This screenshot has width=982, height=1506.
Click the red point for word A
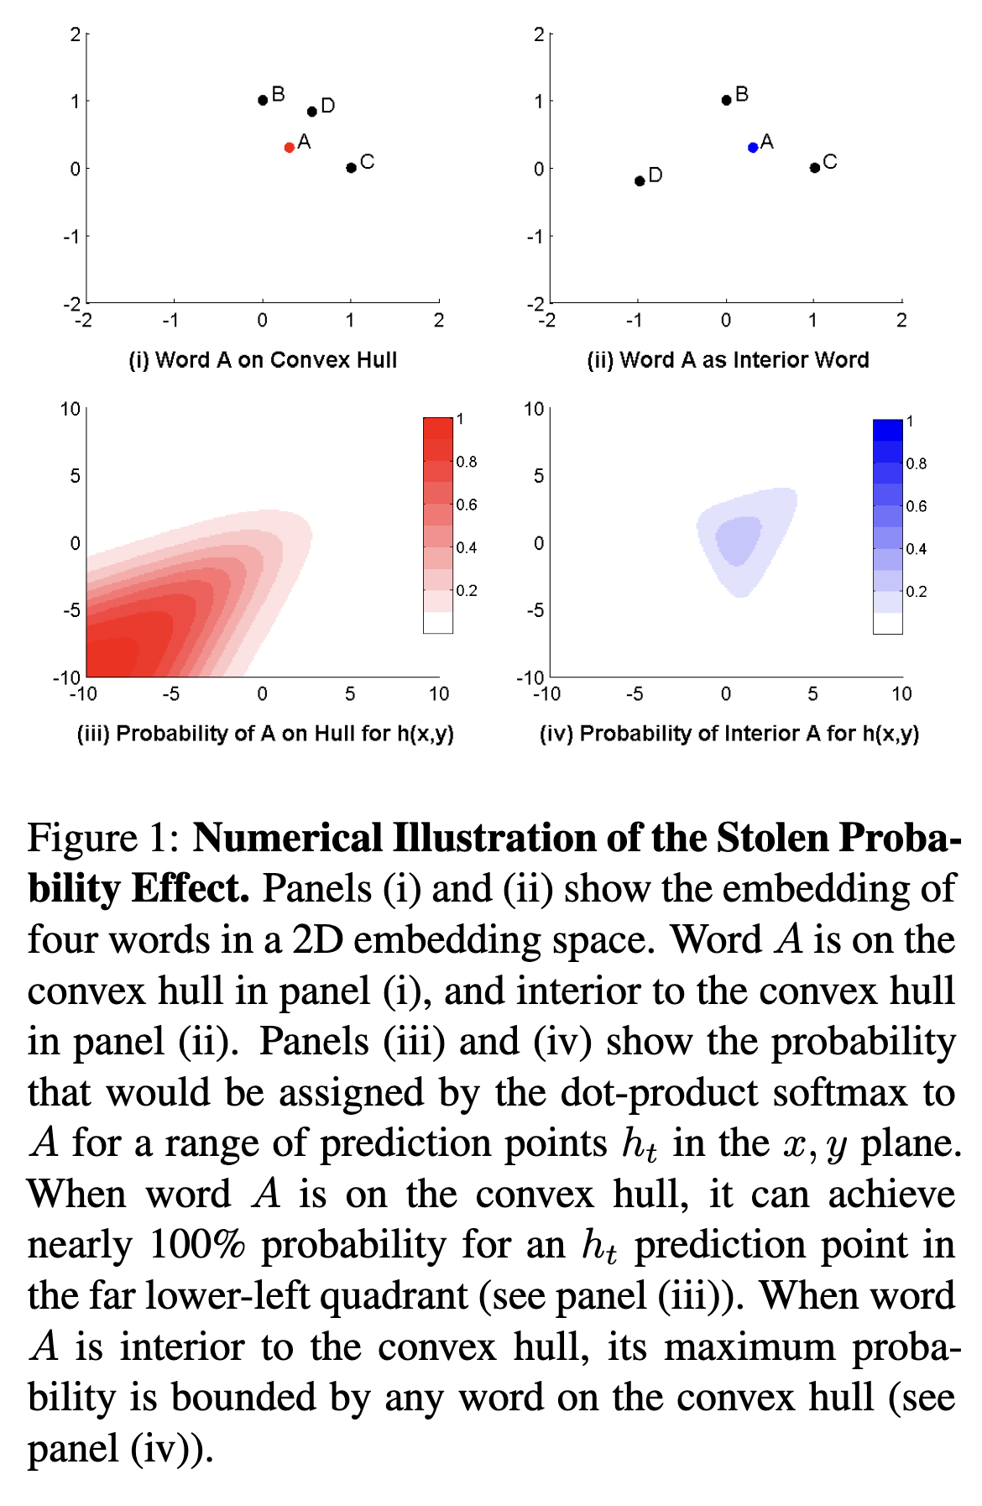pyautogui.click(x=290, y=148)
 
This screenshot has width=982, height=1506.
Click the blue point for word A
pyautogui.click(x=753, y=148)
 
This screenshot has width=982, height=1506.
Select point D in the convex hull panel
pyautogui.click(x=312, y=112)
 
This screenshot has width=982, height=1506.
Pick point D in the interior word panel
pyautogui.click(x=640, y=181)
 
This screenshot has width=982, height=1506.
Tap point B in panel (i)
pyautogui.click(x=263, y=100)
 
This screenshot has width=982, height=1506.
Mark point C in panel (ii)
pyautogui.click(x=814, y=168)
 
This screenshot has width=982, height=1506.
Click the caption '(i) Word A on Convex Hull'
pyautogui.click(x=263, y=360)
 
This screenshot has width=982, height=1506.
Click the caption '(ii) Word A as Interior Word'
pyautogui.click(x=728, y=360)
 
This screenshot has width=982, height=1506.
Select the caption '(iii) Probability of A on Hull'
pyautogui.click(x=265, y=734)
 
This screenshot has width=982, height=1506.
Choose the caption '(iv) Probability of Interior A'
pyautogui.click(x=729, y=734)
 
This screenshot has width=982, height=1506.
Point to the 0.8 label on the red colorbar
pyautogui.click(x=467, y=462)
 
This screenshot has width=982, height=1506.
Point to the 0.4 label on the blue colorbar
pyautogui.click(x=917, y=549)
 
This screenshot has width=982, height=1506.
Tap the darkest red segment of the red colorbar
pyautogui.click(x=438, y=428)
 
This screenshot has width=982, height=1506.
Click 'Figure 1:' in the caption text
pyautogui.click(x=103, y=839)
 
